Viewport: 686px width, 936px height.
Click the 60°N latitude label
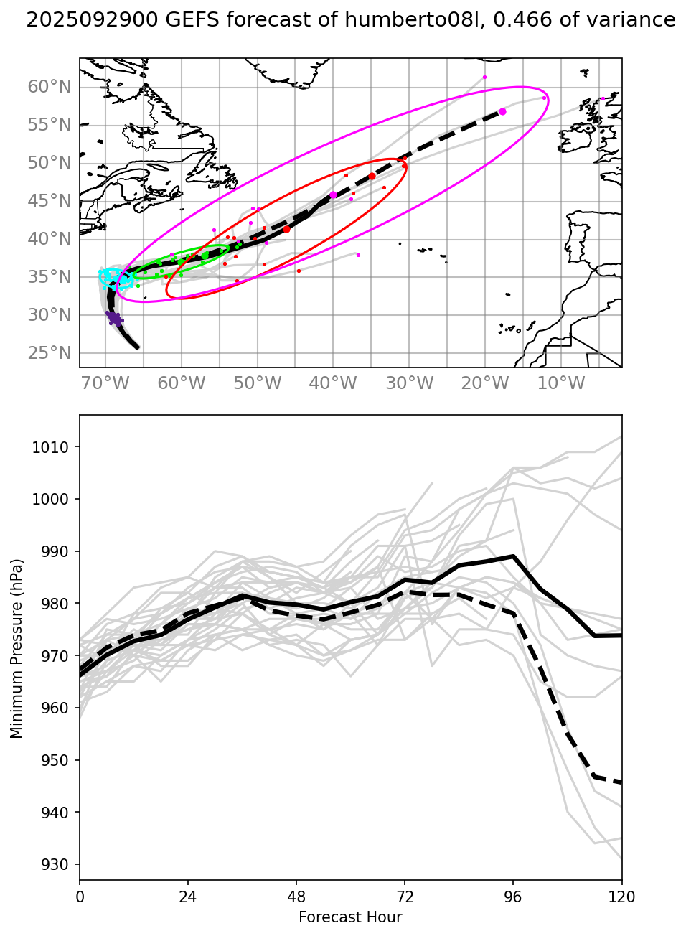tap(50, 87)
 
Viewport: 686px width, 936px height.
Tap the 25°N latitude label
tap(50, 353)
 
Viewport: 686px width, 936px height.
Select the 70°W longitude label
tap(105, 383)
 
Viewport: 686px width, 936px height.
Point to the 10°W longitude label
tap(561, 383)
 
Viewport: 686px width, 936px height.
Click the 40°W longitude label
tap(333, 383)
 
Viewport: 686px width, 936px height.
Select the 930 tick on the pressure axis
tap(58, 865)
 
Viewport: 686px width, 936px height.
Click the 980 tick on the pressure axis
tap(58, 604)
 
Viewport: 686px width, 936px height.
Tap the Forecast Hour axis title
tap(350, 917)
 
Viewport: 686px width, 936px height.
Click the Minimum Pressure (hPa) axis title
tap(17, 647)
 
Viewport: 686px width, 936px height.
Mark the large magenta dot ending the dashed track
tap(502, 111)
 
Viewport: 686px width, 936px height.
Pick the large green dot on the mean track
tap(205, 255)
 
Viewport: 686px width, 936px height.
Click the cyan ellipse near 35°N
tap(116, 278)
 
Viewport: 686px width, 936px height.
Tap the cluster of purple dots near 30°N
tap(113, 317)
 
